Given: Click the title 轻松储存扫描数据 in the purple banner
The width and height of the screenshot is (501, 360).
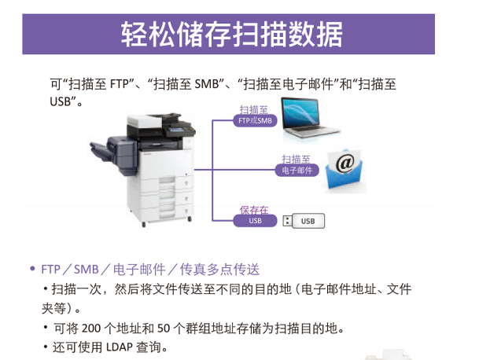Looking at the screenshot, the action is click(232, 34).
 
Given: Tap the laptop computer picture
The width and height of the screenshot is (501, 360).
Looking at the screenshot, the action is click(310, 118).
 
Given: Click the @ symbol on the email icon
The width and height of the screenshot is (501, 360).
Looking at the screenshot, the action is click(345, 163).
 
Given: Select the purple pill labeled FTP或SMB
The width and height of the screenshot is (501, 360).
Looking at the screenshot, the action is click(255, 121).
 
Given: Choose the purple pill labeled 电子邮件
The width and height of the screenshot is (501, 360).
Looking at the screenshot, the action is click(297, 171).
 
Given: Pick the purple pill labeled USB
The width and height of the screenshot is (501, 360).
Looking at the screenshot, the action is click(255, 221).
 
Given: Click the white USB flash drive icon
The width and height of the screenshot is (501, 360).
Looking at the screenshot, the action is click(304, 221).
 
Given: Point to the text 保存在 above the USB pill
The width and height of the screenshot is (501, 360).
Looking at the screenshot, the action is click(254, 210).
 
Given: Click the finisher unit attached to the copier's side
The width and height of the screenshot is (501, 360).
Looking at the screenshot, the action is click(114, 154).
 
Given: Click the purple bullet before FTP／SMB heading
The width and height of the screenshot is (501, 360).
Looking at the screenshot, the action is click(32, 269).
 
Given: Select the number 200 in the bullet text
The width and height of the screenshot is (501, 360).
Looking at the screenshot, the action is click(91, 329).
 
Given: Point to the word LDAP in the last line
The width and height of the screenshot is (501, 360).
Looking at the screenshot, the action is click(120, 347).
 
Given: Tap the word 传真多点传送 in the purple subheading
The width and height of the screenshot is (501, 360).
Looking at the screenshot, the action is click(219, 270).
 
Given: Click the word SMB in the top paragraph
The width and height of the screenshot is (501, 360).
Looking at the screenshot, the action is click(206, 84).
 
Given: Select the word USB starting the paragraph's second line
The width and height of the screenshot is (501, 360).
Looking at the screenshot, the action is click(60, 102).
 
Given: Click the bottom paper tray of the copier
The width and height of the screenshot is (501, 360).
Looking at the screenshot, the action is click(166, 211).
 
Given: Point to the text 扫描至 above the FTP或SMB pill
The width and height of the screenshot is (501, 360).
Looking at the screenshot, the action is click(254, 110).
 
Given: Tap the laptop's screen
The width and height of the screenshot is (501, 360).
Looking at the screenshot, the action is click(301, 114).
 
